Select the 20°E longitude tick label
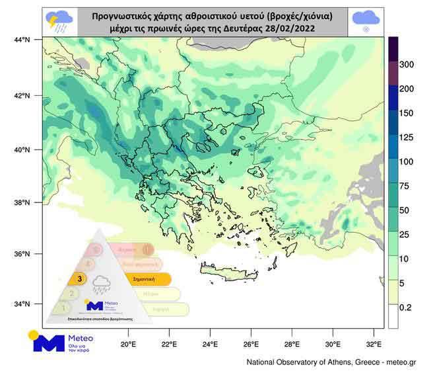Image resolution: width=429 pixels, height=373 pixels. click(x=128, y=345)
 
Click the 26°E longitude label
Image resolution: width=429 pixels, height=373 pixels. click(x=251, y=345)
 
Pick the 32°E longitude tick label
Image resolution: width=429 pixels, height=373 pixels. click(x=374, y=345)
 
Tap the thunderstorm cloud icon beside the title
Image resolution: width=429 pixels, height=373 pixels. click(x=59, y=21)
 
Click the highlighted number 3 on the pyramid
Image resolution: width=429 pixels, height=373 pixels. click(x=79, y=279)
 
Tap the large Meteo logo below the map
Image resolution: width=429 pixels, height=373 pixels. click(x=59, y=343)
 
